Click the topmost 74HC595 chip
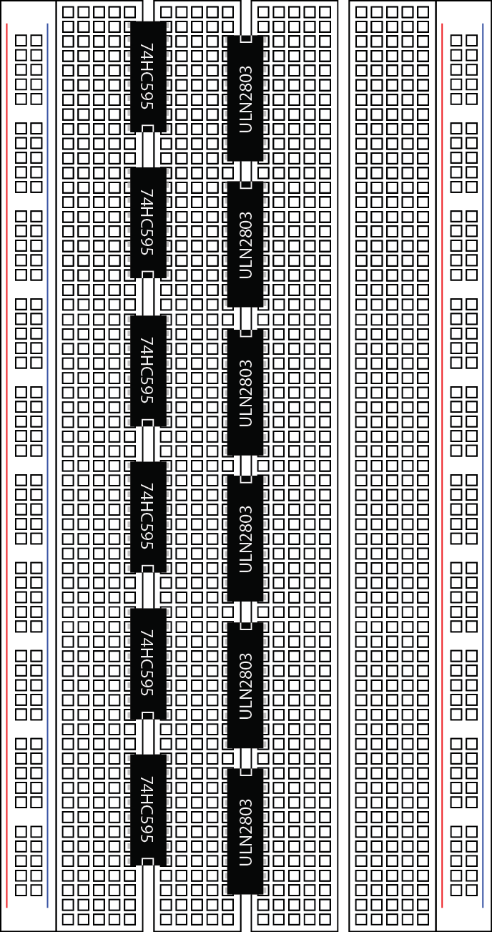pyautogui.click(x=149, y=77)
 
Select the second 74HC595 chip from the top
pyautogui.click(x=149, y=223)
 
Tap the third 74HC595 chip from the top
pyautogui.click(x=149, y=371)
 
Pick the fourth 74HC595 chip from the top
pyautogui.click(x=149, y=517)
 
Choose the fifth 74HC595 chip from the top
pyautogui.click(x=149, y=664)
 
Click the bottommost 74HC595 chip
pyautogui.click(x=149, y=810)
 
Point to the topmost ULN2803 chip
pyautogui.click(x=245, y=98)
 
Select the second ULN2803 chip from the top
pyautogui.click(x=245, y=244)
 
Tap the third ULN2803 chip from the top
pyautogui.click(x=245, y=393)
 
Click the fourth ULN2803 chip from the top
pyautogui.click(x=245, y=539)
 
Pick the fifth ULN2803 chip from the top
pyautogui.click(x=245, y=685)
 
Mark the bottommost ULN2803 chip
pyautogui.click(x=245, y=831)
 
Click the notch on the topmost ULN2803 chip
pyautogui.click(x=246, y=39)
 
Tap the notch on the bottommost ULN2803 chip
pyautogui.click(x=246, y=772)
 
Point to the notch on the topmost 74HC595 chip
pyautogui.click(x=148, y=128)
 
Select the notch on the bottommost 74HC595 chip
pyautogui.click(x=148, y=861)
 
